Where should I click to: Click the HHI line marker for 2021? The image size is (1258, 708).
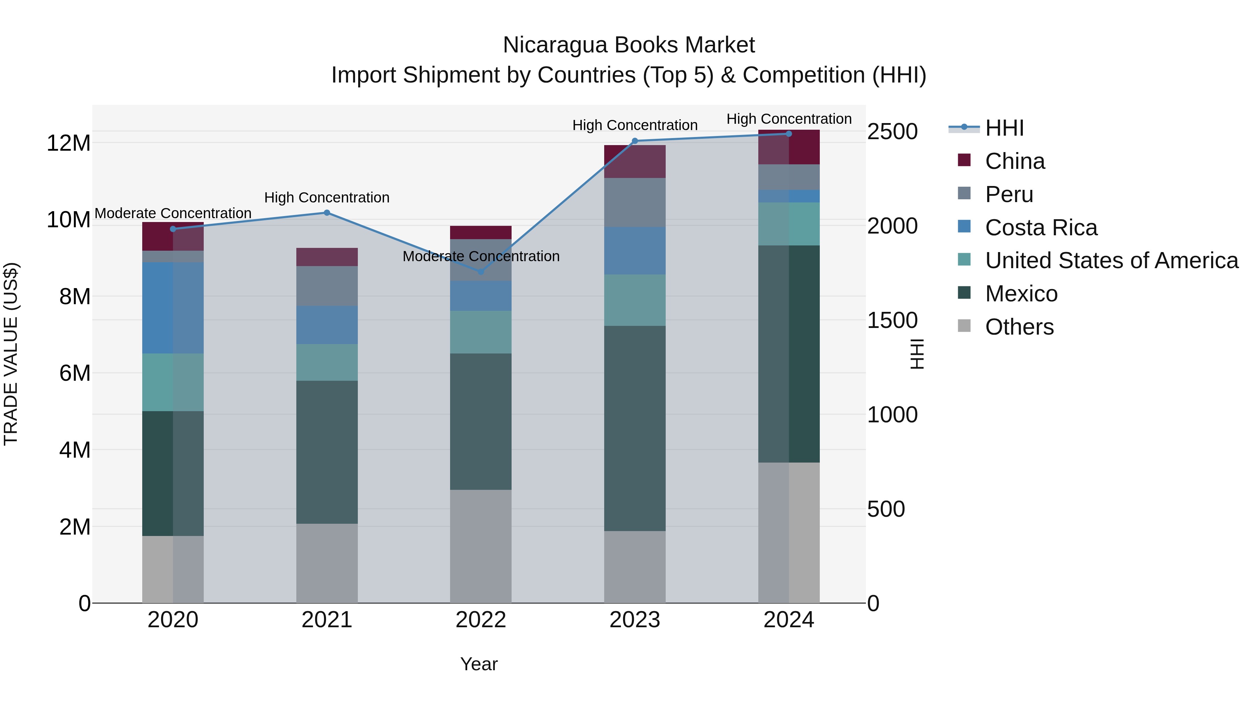click(x=327, y=213)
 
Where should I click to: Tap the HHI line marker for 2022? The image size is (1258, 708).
click(x=480, y=272)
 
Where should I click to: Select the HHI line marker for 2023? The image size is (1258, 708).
click(x=635, y=141)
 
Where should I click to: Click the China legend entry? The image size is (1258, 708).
click(x=1015, y=161)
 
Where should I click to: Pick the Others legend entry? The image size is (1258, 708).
click(x=1019, y=327)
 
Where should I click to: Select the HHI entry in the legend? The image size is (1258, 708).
click(x=1004, y=128)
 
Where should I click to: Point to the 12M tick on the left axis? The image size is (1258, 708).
click(x=68, y=143)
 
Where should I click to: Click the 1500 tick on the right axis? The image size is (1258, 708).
click(x=892, y=321)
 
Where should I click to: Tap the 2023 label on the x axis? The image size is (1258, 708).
click(x=635, y=620)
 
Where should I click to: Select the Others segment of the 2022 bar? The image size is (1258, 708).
click(x=480, y=546)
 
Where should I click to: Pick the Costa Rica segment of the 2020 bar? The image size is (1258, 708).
click(x=173, y=308)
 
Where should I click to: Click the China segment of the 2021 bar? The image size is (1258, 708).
click(x=327, y=257)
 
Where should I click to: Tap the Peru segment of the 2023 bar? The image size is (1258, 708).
click(x=635, y=202)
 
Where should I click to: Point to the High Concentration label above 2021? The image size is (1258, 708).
click(x=327, y=198)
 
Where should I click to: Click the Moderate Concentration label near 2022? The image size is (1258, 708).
click(x=480, y=257)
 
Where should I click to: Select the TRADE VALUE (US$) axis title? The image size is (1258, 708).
click(x=11, y=354)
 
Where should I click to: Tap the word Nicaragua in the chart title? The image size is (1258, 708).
click(x=555, y=45)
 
